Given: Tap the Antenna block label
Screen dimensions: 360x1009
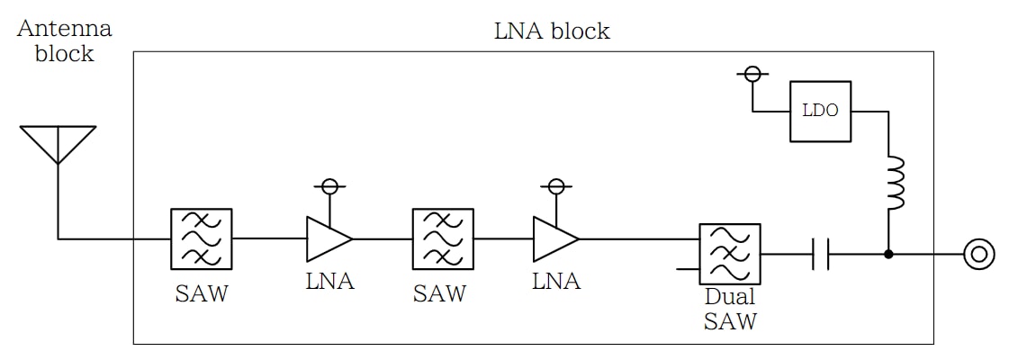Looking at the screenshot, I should coord(65,40).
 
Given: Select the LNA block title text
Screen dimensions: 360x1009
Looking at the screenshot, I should coord(552,31).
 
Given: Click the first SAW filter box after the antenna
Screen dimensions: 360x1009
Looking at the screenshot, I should coord(202,238).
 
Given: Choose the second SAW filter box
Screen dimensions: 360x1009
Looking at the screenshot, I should coord(443,238).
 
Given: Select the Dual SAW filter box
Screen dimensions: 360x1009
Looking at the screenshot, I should coord(730,254).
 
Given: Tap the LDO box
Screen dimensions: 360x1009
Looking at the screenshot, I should coord(820,112).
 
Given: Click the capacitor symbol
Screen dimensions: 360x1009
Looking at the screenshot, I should coord(820,255).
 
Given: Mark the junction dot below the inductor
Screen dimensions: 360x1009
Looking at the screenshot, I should coord(889,255).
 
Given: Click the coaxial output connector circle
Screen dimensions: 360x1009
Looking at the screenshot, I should coord(978,255).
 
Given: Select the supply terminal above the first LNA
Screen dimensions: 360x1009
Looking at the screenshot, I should coord(329,186).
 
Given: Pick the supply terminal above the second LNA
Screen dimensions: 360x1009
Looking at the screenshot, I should coord(556,186).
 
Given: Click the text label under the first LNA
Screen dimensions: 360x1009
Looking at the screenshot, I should coord(330,281).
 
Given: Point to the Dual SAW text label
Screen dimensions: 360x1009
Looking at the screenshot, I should coord(730,308).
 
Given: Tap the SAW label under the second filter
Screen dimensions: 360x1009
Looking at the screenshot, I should coord(439,293).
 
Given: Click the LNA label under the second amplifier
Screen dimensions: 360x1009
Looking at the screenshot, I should coord(556,281).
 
